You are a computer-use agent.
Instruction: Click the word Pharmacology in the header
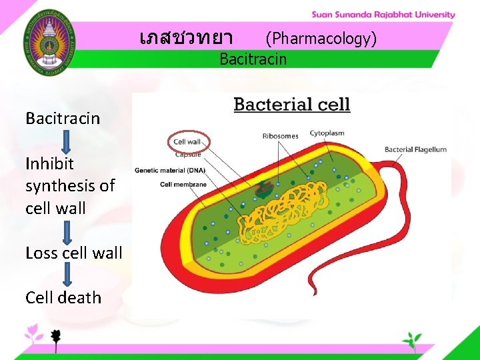(x=321, y=39)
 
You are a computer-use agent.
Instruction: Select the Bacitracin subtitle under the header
(x=253, y=59)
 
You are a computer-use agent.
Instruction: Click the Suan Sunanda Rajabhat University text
(x=383, y=15)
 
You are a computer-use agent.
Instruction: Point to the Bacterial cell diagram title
(x=291, y=105)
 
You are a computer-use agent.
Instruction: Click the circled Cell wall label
(x=187, y=141)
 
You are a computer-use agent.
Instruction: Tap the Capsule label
(x=187, y=155)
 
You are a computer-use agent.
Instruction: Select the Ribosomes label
(x=280, y=136)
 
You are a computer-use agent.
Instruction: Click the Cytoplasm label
(x=327, y=133)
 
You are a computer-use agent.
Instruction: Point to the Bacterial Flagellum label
(x=415, y=149)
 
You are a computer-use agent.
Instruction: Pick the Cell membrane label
(x=183, y=184)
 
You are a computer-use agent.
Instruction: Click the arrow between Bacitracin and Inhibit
(x=66, y=141)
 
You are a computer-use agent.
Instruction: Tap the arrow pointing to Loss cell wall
(x=67, y=232)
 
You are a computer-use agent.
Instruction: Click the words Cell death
(x=63, y=297)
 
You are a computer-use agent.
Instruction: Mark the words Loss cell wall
(x=74, y=253)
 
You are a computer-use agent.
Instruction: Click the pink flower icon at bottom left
(x=32, y=331)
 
